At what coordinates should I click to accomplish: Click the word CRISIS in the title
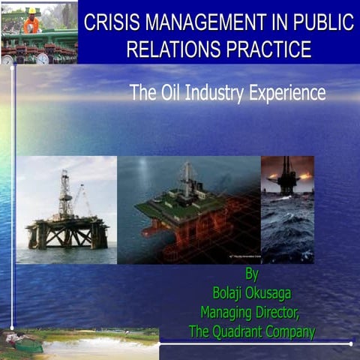click(x=110, y=22)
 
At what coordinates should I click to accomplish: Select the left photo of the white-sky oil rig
click(x=66, y=209)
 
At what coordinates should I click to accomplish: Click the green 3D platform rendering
click(x=187, y=209)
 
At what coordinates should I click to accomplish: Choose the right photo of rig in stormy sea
click(x=287, y=209)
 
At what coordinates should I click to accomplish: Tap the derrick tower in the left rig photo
click(x=65, y=191)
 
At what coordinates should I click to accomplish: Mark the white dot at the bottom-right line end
click(x=351, y=343)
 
